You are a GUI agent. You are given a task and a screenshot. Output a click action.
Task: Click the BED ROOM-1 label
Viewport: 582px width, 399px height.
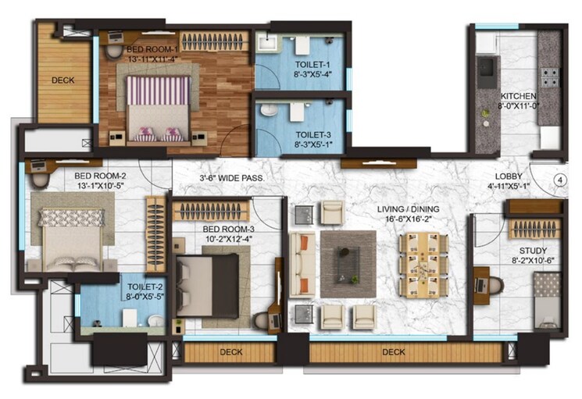152,48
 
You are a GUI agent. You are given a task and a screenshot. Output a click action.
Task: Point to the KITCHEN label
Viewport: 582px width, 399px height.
519,96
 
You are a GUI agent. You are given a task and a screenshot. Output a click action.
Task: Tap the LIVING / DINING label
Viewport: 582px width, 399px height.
408,209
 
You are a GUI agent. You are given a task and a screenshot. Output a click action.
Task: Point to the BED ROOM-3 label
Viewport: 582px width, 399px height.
228,229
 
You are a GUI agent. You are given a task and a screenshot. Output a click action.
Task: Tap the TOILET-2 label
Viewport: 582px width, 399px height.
120,287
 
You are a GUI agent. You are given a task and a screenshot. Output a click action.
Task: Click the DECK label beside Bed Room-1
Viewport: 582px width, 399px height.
63,80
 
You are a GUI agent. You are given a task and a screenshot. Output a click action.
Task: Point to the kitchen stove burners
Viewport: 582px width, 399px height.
550,77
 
